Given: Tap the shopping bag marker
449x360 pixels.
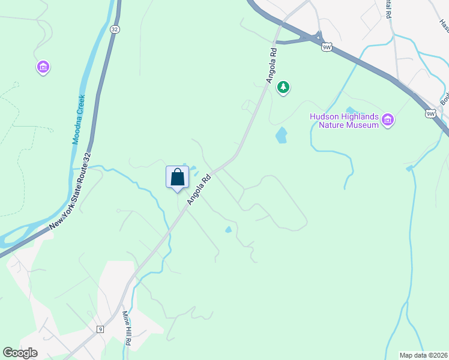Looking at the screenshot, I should pos(177,177).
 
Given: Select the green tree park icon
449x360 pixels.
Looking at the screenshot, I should pos(283,88).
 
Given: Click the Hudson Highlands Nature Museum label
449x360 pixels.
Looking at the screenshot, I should pos(344,121).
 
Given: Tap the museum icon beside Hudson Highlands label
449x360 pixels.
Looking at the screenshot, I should pos(388,121).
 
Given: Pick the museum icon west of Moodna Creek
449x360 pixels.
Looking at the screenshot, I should pos(43,67).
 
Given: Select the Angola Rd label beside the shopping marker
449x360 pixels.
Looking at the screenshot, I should pos(200,189).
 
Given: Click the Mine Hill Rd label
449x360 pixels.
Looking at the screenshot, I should pos(127,328).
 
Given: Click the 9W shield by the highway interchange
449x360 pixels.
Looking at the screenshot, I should pos(327,46).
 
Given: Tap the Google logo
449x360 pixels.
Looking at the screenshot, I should pos(20,353).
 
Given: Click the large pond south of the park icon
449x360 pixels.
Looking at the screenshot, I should pos(281,135).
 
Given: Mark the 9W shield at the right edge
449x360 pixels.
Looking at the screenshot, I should pos(430,113).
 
